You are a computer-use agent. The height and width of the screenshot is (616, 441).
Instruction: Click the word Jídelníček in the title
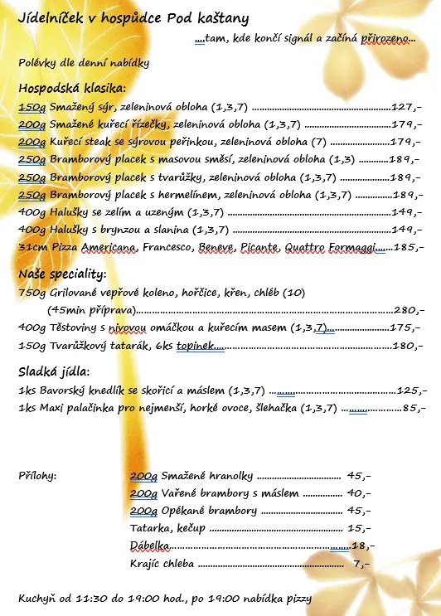51,17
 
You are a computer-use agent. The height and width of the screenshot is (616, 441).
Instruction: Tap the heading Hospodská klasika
72,88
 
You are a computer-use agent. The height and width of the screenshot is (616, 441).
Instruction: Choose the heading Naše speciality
62,274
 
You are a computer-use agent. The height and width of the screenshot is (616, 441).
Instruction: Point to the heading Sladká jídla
54,371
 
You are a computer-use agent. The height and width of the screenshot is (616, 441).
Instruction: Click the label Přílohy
37,476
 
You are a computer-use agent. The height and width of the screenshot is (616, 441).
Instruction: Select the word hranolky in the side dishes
229,476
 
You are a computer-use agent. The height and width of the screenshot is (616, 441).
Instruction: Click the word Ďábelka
150,546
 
